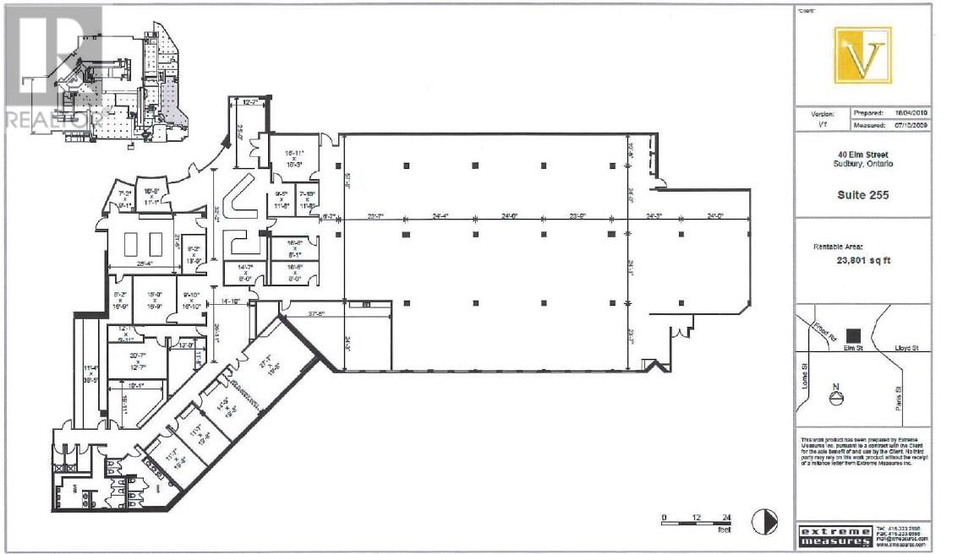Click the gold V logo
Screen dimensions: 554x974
tap(862, 55)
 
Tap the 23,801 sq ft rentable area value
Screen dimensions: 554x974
tap(862, 261)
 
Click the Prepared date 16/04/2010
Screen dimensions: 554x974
tap(911, 112)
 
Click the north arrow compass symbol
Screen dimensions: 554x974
tap(837, 397)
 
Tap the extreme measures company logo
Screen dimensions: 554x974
tap(834, 535)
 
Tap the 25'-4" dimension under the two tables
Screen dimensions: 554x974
tap(141, 263)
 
